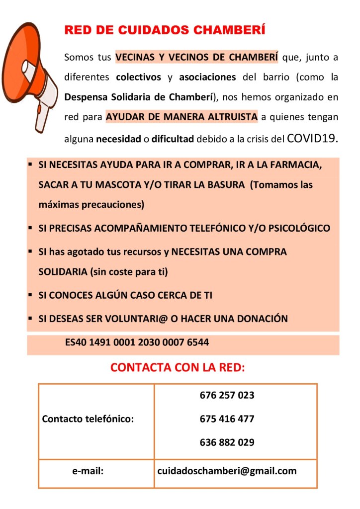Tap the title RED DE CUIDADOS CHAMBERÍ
click(x=165, y=30)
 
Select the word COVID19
click(x=313, y=138)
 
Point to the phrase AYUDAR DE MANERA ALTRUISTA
click(x=182, y=117)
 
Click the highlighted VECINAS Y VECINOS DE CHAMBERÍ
click(x=196, y=57)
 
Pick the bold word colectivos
click(x=138, y=78)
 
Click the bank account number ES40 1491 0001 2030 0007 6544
click(x=137, y=342)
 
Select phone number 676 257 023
click(x=227, y=396)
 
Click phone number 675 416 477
click(x=227, y=419)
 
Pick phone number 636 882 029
click(x=227, y=442)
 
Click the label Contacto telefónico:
click(x=88, y=419)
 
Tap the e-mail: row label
click(x=88, y=471)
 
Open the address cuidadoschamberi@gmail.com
click(x=227, y=471)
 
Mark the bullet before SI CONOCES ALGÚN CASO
click(x=30, y=295)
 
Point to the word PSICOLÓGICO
click(x=299, y=229)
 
